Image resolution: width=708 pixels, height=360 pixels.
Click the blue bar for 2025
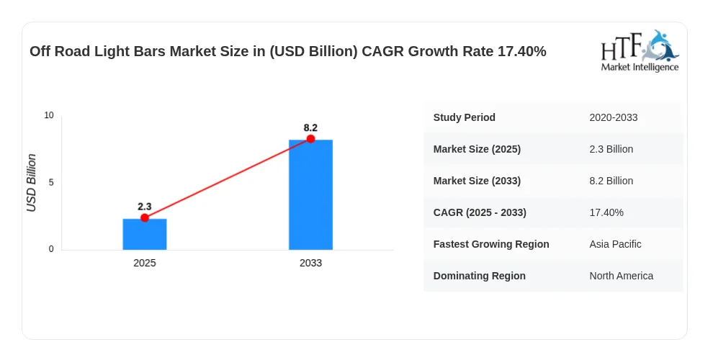tap(145, 234)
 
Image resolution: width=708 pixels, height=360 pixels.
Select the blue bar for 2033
tap(310, 194)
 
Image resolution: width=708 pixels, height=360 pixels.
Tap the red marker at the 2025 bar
tap(145, 218)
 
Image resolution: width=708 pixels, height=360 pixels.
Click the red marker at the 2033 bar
tap(310, 138)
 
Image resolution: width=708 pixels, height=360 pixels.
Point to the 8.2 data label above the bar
tap(310, 127)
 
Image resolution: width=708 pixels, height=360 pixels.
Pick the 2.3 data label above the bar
tap(145, 207)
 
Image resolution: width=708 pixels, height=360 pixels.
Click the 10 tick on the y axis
tap(49, 115)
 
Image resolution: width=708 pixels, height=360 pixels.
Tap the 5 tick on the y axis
tap(51, 182)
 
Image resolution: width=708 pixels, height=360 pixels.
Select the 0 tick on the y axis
tap(51, 249)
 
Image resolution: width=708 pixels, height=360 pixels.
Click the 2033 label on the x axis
tap(310, 263)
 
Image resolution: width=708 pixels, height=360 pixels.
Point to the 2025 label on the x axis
tap(145, 263)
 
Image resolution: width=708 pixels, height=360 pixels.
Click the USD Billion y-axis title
tap(31, 183)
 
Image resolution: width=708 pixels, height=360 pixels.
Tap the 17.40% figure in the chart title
tap(522, 51)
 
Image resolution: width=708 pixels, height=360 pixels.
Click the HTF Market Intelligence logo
tap(640, 50)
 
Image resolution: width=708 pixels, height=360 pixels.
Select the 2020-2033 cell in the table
tap(613, 118)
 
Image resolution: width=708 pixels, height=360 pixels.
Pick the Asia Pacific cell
tap(615, 244)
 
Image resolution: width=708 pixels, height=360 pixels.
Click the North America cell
tap(622, 276)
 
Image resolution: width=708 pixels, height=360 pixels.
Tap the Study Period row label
tap(464, 118)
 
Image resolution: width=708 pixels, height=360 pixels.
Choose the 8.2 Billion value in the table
tap(611, 181)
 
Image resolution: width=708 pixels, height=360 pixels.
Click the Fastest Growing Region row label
tap(491, 244)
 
